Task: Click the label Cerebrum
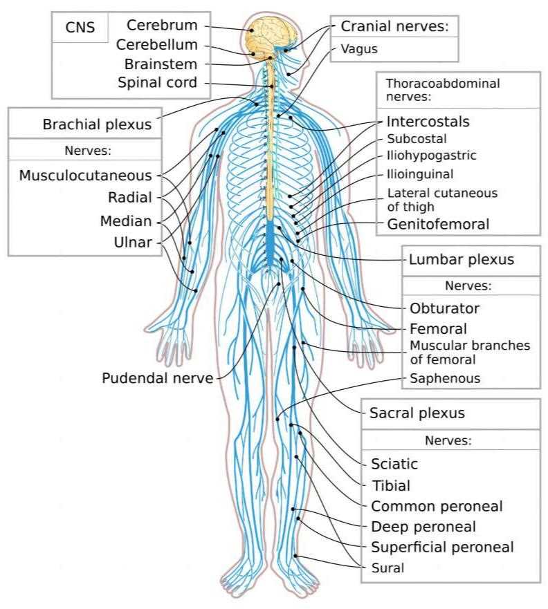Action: [162, 26]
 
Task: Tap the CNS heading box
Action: [80, 28]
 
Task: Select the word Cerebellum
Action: [157, 45]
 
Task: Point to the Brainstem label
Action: [161, 64]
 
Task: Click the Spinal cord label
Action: [157, 83]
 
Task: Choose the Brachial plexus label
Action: [96, 125]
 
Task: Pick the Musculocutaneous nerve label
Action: [86, 176]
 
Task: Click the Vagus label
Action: [359, 49]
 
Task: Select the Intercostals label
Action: [428, 122]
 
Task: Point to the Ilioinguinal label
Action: [420, 174]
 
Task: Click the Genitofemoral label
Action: [438, 224]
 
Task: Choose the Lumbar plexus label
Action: [462, 260]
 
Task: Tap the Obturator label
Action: [444, 308]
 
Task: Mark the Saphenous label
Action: [444, 379]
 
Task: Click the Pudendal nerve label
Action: [157, 378]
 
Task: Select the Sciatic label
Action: [394, 464]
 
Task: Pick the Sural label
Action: [387, 569]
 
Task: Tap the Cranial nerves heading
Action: [395, 27]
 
